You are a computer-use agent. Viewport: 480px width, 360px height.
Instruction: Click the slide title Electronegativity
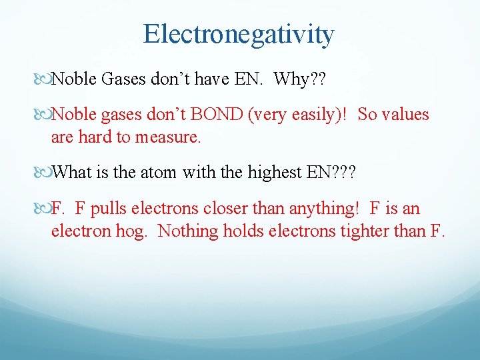point(239,34)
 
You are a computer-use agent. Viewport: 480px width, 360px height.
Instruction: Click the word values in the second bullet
point(404,115)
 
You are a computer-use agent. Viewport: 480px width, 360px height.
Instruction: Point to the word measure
point(170,138)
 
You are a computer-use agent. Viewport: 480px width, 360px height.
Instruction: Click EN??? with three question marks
point(331,173)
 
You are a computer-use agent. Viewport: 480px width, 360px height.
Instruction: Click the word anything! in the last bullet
point(322,209)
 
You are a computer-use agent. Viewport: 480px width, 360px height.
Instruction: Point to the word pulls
point(109,209)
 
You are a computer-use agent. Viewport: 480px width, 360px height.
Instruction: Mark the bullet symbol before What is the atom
point(44,173)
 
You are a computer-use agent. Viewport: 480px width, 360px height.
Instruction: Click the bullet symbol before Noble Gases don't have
point(44,79)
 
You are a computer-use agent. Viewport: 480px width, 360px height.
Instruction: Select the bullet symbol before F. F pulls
point(44,209)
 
